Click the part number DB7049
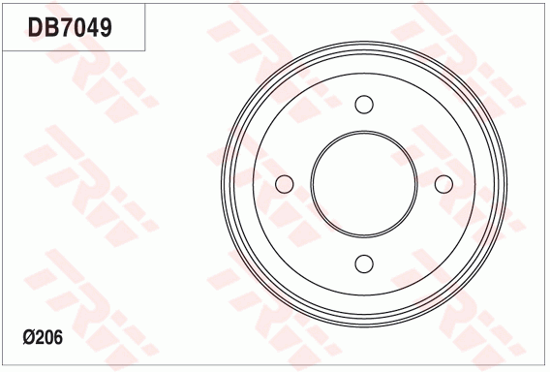click(x=70, y=27)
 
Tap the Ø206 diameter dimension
click(x=43, y=337)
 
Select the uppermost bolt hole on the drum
click(x=364, y=105)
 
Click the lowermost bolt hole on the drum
click(x=364, y=263)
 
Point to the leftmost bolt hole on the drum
click(x=284, y=184)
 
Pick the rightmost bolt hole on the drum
click(x=443, y=184)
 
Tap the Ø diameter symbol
click(x=28, y=337)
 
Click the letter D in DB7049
click(x=36, y=27)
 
